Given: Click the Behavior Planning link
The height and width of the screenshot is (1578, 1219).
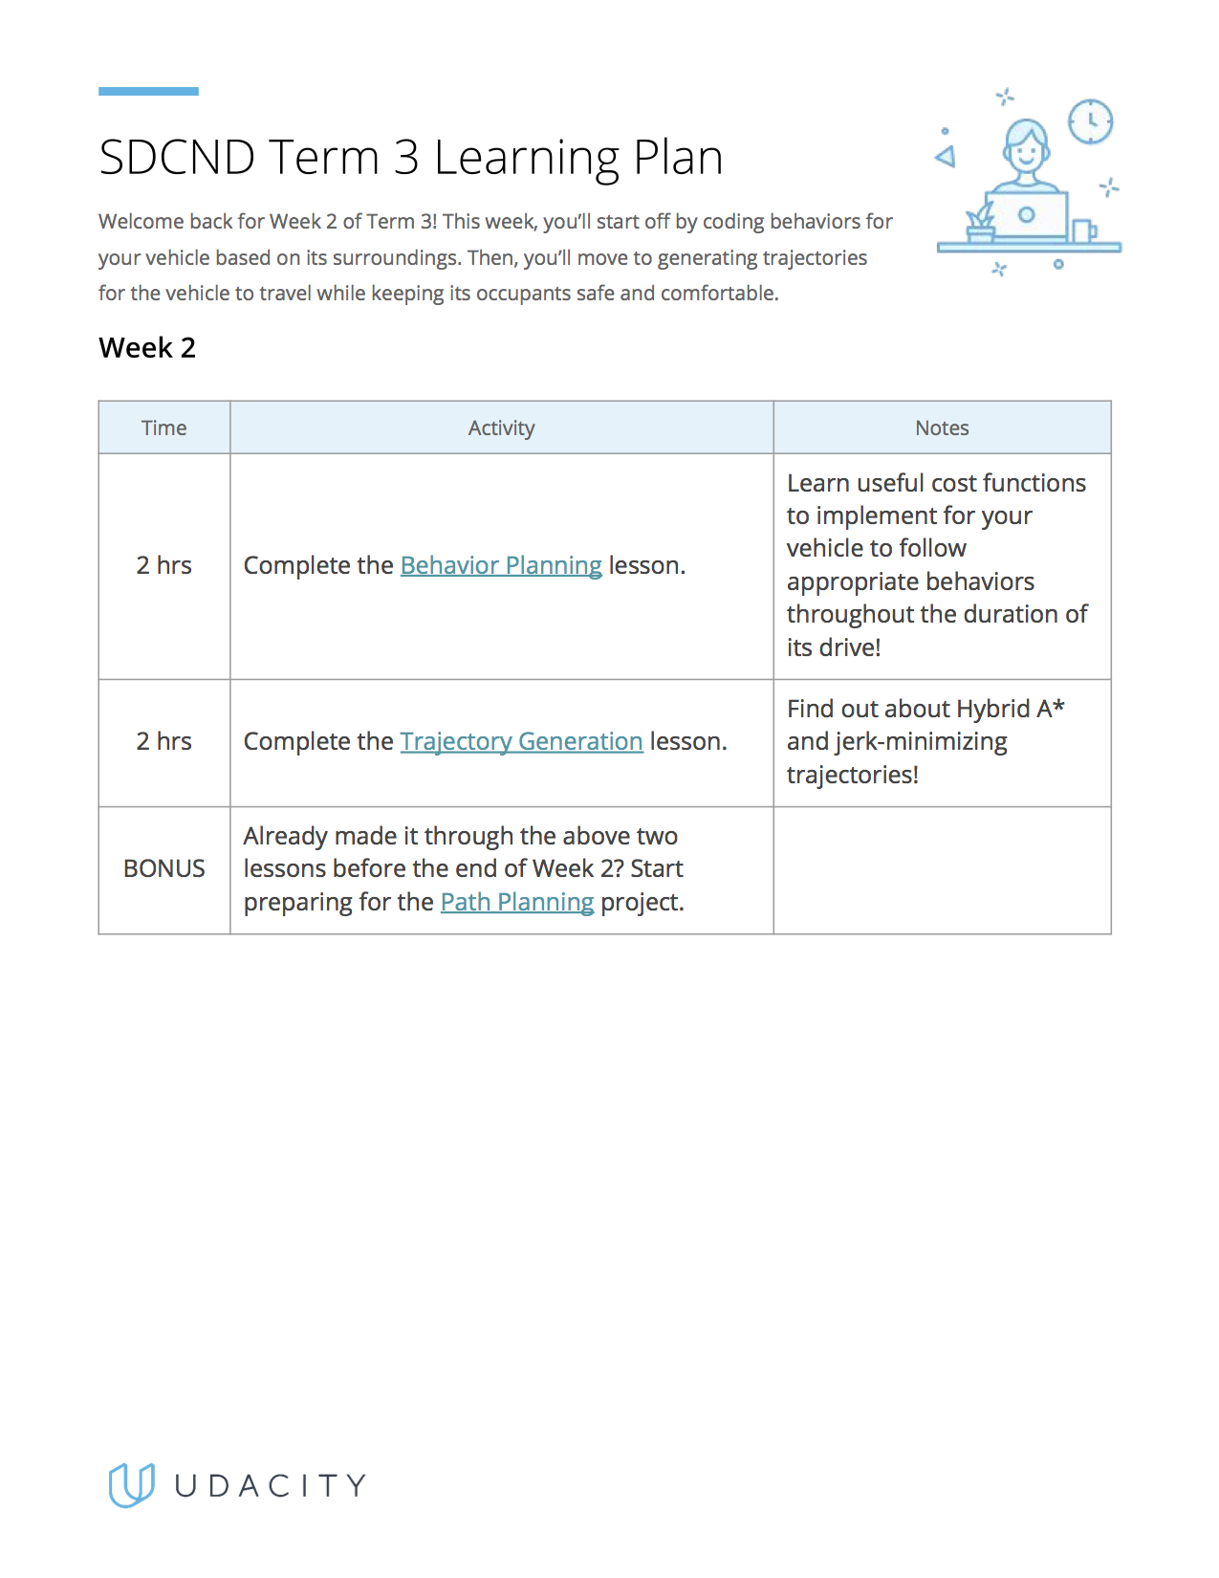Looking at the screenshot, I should [x=501, y=565].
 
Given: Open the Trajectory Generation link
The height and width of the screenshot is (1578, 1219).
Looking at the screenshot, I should [x=521, y=741].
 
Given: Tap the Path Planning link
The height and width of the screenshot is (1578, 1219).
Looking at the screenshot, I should [x=516, y=902].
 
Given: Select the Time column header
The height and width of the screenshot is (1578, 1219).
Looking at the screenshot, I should [x=163, y=427].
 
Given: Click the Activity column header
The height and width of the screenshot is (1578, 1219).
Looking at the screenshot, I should [x=501, y=427].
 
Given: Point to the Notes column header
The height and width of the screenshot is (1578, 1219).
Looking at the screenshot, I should [x=942, y=427].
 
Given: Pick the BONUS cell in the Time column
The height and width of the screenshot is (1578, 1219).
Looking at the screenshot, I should [x=163, y=868].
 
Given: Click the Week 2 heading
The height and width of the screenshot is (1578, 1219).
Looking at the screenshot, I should [x=147, y=347].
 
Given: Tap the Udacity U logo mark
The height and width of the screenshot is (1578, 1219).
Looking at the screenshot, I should [x=131, y=1485].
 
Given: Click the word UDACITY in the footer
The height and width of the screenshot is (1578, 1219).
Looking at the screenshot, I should [x=271, y=1485].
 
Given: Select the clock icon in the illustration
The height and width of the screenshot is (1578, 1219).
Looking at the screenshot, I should [x=1090, y=121].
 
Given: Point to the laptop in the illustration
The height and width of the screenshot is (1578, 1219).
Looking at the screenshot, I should [x=1026, y=215].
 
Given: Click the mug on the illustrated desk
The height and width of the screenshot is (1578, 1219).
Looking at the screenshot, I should [x=1083, y=231].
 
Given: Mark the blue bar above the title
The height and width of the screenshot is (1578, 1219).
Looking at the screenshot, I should [x=148, y=91].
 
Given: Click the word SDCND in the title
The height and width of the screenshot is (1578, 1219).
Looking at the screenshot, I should [x=177, y=158].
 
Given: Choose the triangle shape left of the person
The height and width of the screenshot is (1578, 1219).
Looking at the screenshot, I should [x=947, y=156].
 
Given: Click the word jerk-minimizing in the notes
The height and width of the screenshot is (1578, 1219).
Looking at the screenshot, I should [x=921, y=741].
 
